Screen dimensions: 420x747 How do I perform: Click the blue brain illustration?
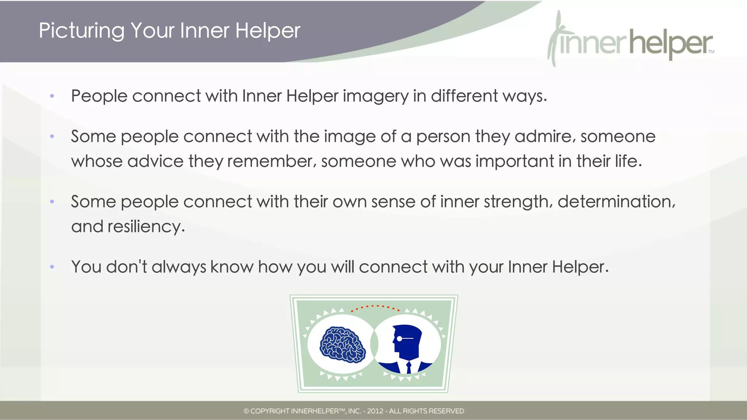[x=342, y=345]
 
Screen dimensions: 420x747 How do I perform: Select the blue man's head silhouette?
[x=407, y=341]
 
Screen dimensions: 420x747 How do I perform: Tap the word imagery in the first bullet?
[x=375, y=97]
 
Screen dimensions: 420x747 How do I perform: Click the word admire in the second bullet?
[x=545, y=137]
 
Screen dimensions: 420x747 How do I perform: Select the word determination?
[x=616, y=202]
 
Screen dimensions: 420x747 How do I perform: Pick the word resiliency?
[x=146, y=227]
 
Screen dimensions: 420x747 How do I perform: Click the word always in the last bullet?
[x=178, y=267]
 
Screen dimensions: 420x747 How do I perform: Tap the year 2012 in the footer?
[x=375, y=411]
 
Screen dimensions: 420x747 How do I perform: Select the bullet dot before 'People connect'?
[x=52, y=96]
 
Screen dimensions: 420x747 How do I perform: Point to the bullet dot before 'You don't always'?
[x=52, y=267]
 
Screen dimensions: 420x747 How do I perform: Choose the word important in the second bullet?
[x=514, y=161]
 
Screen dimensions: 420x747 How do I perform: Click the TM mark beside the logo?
[x=711, y=52]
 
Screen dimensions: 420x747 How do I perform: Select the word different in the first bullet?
[x=464, y=96]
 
